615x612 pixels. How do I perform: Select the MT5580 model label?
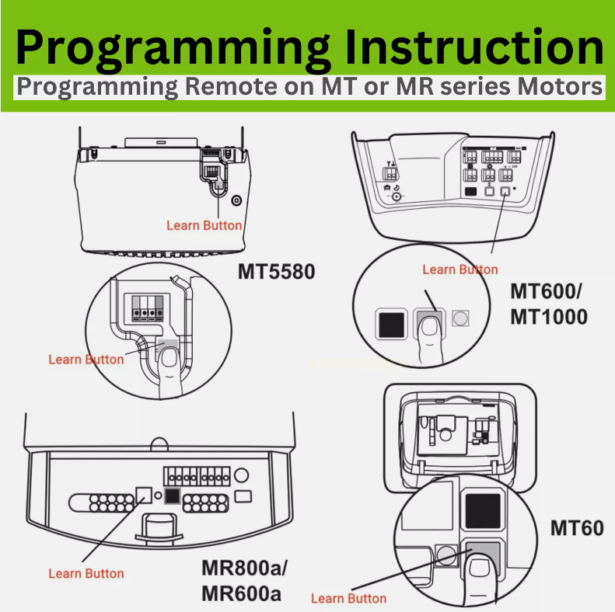277,273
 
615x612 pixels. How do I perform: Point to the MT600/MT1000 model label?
549,304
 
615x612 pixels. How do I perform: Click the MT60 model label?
577,529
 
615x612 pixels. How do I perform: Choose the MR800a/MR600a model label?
245,579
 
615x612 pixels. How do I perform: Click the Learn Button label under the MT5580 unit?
204,225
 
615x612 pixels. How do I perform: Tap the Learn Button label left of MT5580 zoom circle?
86,359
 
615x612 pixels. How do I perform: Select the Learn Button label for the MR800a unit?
86,573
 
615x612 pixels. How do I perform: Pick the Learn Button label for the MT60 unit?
348,598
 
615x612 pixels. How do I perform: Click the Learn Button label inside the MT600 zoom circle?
460,269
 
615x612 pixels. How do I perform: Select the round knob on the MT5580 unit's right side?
236,199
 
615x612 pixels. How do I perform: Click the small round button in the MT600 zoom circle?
462,318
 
